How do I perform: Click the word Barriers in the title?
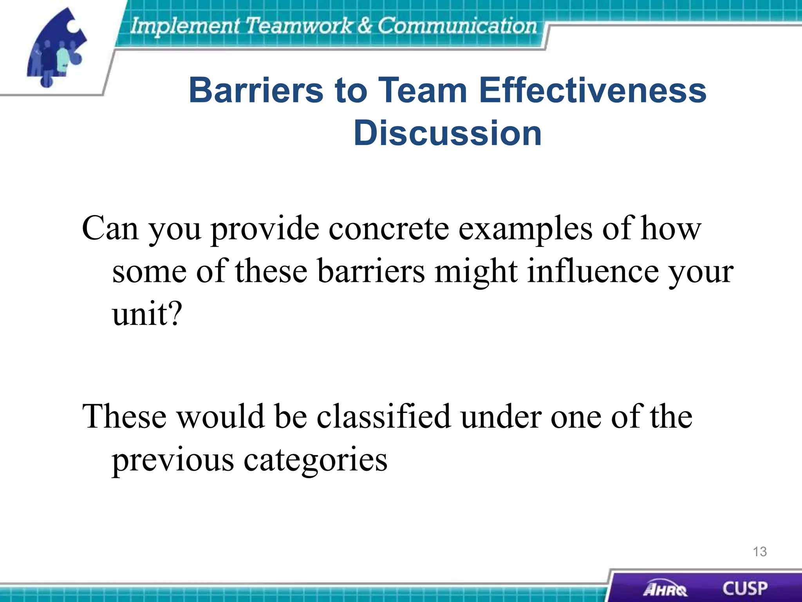click(x=256, y=90)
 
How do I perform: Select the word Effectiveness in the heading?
click(x=592, y=90)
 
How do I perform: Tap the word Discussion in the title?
click(x=447, y=133)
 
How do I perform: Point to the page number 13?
click(x=759, y=552)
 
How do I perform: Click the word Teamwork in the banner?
click(x=299, y=26)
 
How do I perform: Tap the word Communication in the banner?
click(x=457, y=26)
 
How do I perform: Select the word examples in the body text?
click(x=525, y=229)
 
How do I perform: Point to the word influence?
click(x=592, y=271)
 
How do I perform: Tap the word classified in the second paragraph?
click(x=384, y=416)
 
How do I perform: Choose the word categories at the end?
click(x=316, y=460)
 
